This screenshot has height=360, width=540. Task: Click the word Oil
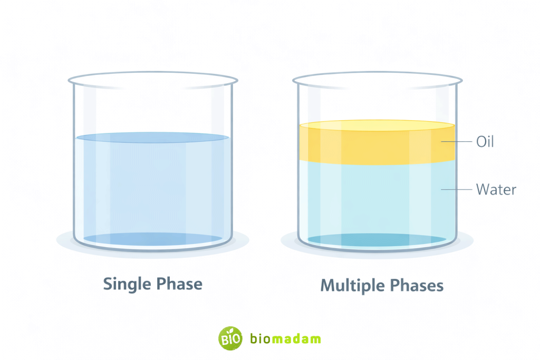[485, 142]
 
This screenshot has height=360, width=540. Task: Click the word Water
[496, 189]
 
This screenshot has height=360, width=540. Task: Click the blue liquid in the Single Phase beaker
[152, 190]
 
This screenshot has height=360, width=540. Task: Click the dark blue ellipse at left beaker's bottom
[152, 239]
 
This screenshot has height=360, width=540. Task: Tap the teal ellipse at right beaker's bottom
[377, 240]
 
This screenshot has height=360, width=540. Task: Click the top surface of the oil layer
[377, 125]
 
